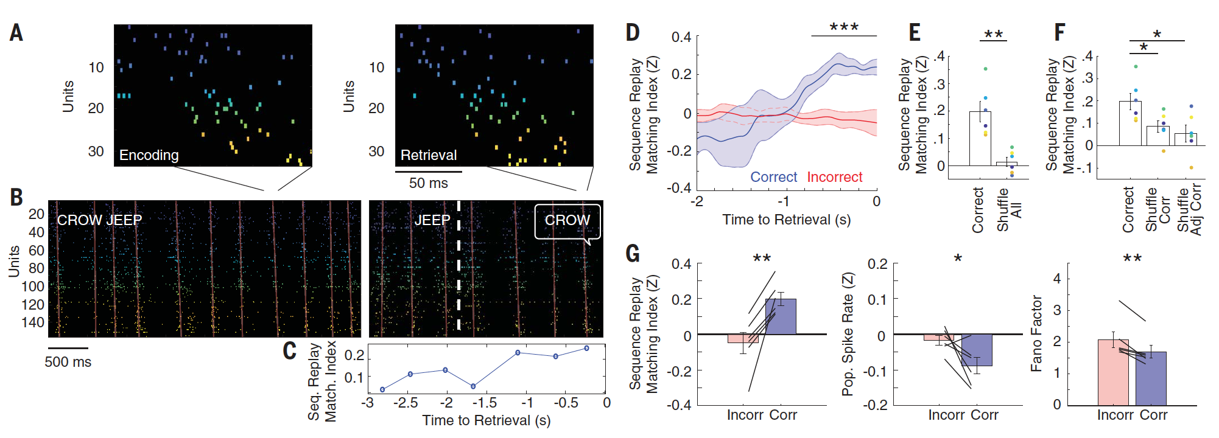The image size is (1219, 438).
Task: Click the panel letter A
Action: (x=16, y=33)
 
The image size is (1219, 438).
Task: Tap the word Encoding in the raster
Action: (x=149, y=155)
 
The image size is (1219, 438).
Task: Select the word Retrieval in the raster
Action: (x=428, y=155)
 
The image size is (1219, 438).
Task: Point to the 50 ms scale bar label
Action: (x=428, y=183)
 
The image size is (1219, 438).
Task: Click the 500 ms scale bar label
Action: (x=68, y=362)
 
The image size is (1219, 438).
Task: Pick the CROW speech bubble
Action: (x=567, y=221)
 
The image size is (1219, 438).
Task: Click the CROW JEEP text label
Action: (x=99, y=220)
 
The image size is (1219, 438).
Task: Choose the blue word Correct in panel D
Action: (x=773, y=177)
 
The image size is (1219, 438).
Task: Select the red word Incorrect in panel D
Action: (x=834, y=177)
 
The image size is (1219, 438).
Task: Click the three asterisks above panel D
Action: (x=844, y=27)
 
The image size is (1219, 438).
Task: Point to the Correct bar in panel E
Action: (x=980, y=139)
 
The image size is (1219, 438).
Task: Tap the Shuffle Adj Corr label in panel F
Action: (x=1189, y=209)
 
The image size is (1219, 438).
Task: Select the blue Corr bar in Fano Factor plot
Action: (x=1151, y=378)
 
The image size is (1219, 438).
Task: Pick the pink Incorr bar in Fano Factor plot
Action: (x=1113, y=372)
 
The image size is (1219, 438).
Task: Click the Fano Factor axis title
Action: (x=1036, y=333)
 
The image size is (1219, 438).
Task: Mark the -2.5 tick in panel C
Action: (x=406, y=403)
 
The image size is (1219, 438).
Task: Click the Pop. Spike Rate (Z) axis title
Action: (x=848, y=333)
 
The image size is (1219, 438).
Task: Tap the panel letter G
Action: (x=633, y=252)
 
